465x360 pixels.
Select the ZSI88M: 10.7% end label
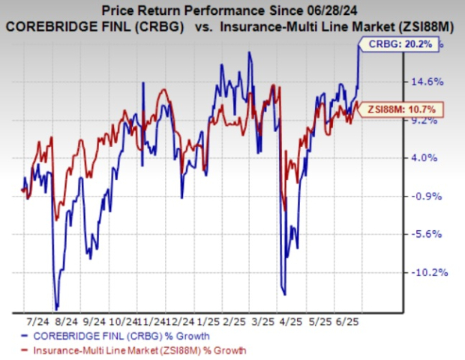(406, 111)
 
